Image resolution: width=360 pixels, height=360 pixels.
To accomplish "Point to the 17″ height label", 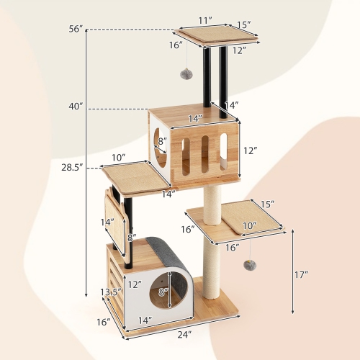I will pos(301,274).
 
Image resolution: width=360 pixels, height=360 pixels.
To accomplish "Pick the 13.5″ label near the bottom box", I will pos(108,292).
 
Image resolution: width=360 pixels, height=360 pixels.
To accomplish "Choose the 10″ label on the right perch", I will pos(248,225).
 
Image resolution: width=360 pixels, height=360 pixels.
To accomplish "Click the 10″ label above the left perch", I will pos(119,158).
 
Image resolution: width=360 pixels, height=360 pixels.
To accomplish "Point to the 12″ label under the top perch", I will pos(239,50).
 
